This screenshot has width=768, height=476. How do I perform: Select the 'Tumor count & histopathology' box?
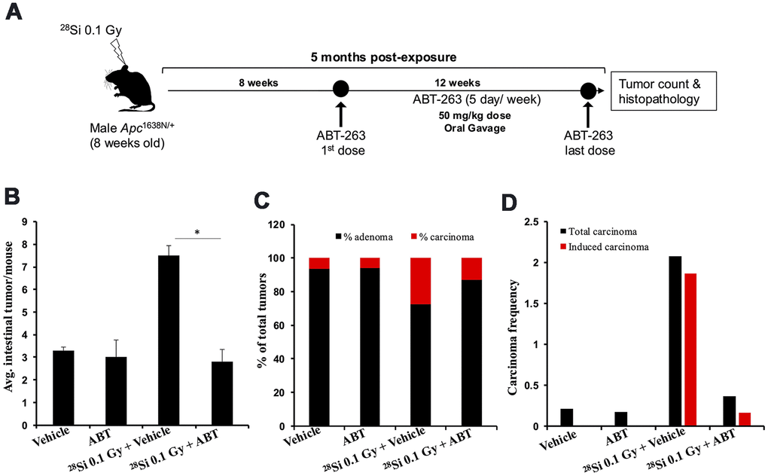662,91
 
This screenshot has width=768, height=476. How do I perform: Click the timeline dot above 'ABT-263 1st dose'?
340,90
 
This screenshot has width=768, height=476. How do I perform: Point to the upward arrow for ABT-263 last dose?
589,117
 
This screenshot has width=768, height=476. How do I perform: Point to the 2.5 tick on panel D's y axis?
531,222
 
